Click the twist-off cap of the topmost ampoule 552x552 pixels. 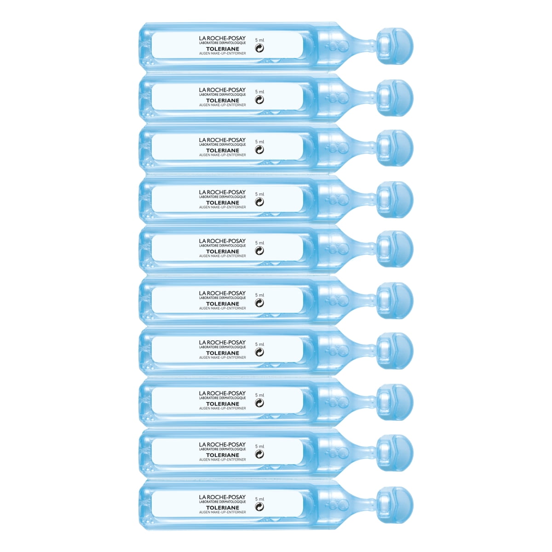[395, 46]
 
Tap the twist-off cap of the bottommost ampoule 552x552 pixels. [395, 505]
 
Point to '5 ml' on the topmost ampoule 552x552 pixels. [259, 40]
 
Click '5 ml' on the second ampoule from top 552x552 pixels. [259, 92]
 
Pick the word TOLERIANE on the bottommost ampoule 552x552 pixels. [222, 507]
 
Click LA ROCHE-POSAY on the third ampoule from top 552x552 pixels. [222, 140]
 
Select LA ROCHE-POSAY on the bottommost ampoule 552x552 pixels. [222, 497]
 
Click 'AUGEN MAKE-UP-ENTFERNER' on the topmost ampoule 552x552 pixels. [222, 54]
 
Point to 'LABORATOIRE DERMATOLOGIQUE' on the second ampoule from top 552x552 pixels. [222, 95]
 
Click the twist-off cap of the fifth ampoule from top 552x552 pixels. [395, 250]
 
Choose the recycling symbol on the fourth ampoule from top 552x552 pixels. [259, 202]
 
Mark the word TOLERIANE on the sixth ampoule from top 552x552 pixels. [222, 304]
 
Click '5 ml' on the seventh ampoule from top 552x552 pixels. [259, 344]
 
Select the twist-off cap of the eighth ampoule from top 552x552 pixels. [395, 402]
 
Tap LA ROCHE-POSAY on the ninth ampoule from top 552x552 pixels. [222, 445]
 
